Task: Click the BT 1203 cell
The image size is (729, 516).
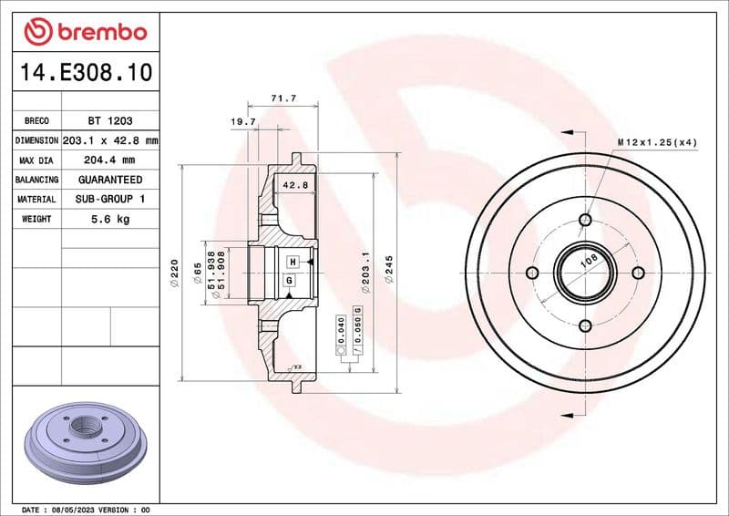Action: tap(110, 120)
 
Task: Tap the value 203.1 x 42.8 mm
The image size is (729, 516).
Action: tap(110, 140)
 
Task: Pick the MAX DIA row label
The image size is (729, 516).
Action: tap(36, 160)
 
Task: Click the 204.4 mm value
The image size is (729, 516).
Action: tap(110, 160)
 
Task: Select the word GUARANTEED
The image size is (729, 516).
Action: tap(110, 180)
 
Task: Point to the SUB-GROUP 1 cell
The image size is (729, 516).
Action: tap(110, 199)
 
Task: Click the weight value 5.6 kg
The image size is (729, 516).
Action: tap(110, 219)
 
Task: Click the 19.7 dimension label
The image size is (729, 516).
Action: tap(242, 120)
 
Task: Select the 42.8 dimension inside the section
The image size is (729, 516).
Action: tap(296, 184)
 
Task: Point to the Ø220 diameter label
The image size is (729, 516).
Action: tap(174, 271)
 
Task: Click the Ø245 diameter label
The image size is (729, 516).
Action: tap(388, 271)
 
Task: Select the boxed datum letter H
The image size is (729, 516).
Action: tap(293, 262)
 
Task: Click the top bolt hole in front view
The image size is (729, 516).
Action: tap(585, 220)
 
